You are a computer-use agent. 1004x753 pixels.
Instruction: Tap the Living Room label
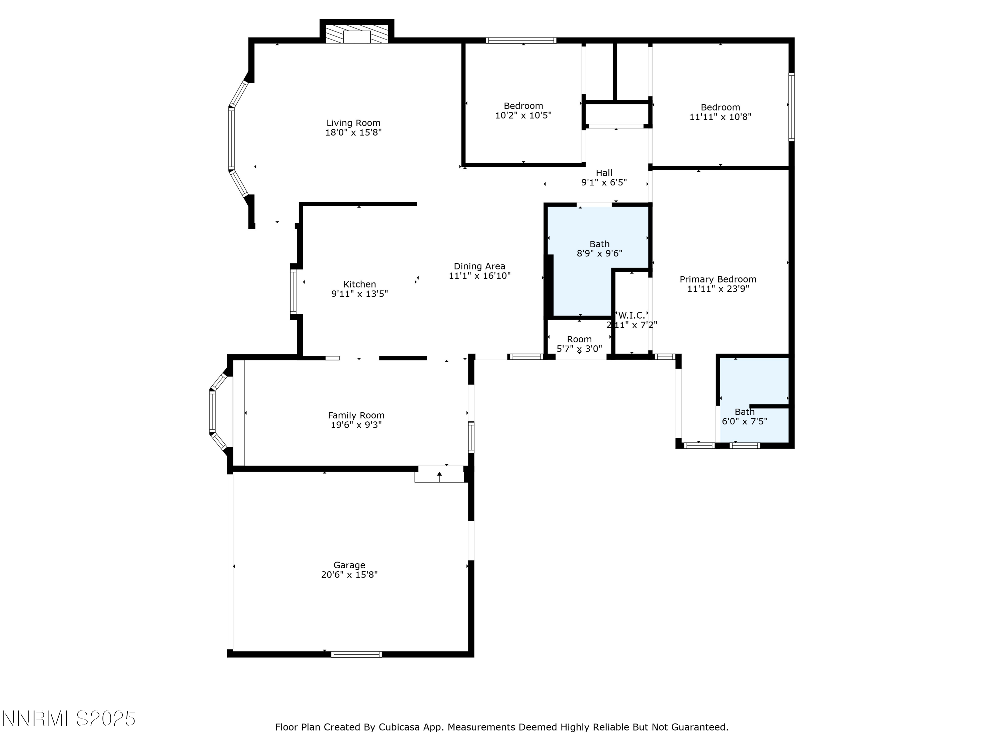point(353,123)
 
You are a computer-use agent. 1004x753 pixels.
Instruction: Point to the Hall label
point(604,173)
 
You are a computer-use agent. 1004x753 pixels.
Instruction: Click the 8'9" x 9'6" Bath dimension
point(599,254)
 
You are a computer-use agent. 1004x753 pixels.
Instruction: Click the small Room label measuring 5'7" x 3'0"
point(579,339)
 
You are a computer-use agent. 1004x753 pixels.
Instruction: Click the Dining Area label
point(479,266)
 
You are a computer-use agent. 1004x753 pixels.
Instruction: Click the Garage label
point(349,565)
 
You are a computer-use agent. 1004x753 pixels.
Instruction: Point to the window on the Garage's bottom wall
point(356,654)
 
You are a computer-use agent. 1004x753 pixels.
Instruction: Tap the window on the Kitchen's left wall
point(293,292)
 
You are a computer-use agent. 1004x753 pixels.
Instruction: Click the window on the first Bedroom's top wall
point(521,40)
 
